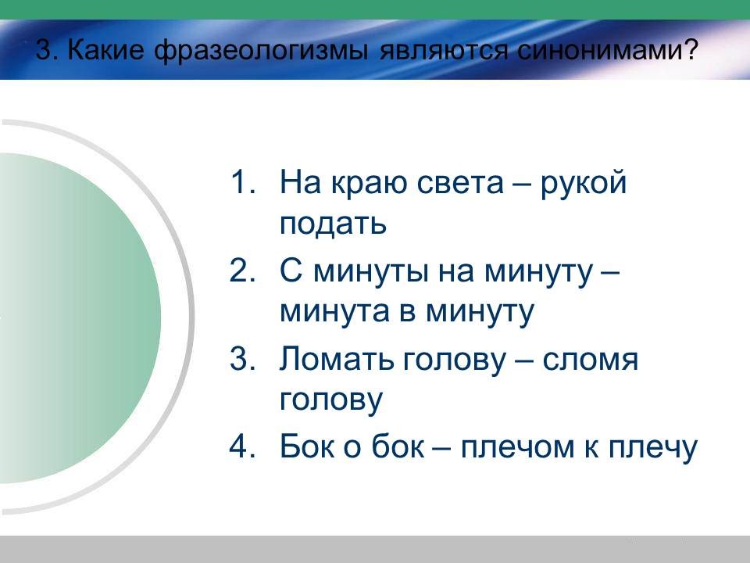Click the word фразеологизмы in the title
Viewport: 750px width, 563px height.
click(261, 50)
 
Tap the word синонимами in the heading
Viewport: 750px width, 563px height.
click(602, 49)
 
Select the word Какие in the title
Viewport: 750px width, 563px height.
click(105, 49)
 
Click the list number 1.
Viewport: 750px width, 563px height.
click(242, 182)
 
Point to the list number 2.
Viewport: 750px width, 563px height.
click(242, 271)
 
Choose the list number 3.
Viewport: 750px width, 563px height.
click(242, 359)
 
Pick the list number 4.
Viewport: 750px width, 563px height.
click(242, 446)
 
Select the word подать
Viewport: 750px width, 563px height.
click(333, 224)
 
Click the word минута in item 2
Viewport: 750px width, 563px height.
click(335, 311)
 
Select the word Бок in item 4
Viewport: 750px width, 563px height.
click(307, 446)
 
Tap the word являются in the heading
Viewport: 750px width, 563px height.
click(442, 51)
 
